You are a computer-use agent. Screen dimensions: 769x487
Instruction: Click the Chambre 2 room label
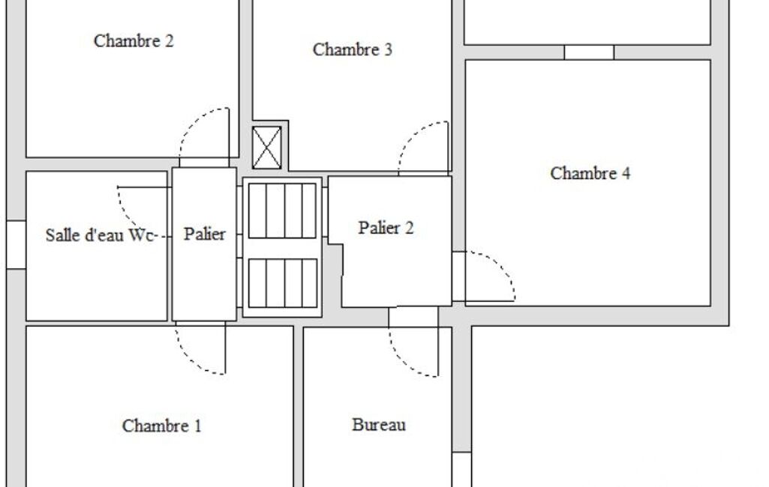tap(134, 40)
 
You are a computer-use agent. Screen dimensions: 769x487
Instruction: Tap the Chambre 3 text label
tap(352, 49)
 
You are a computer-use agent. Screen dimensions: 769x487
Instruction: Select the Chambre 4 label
tap(590, 173)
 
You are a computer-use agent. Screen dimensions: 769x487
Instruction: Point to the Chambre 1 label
tap(162, 426)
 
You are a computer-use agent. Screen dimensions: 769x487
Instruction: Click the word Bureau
tap(379, 424)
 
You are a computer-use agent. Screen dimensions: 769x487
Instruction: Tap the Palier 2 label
tap(386, 228)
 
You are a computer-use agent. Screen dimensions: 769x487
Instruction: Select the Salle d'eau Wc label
tap(101, 235)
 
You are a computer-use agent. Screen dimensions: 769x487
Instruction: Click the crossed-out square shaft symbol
tap(267, 148)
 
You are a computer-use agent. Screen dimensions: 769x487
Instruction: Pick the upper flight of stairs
tap(282, 211)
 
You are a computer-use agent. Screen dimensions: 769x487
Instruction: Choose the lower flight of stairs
tap(283, 283)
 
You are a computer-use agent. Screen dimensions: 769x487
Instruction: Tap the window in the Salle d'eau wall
tap(17, 244)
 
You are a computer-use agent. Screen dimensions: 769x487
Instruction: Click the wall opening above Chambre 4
tap(588, 52)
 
